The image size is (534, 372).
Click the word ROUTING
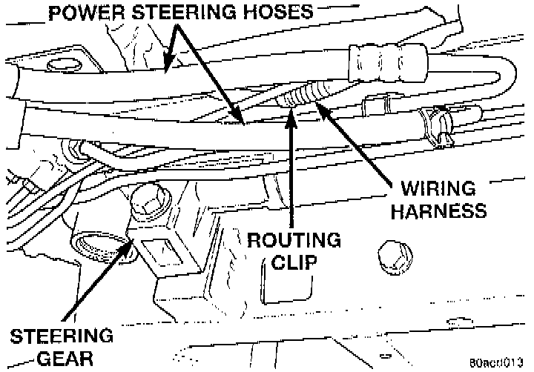[x=294, y=242]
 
